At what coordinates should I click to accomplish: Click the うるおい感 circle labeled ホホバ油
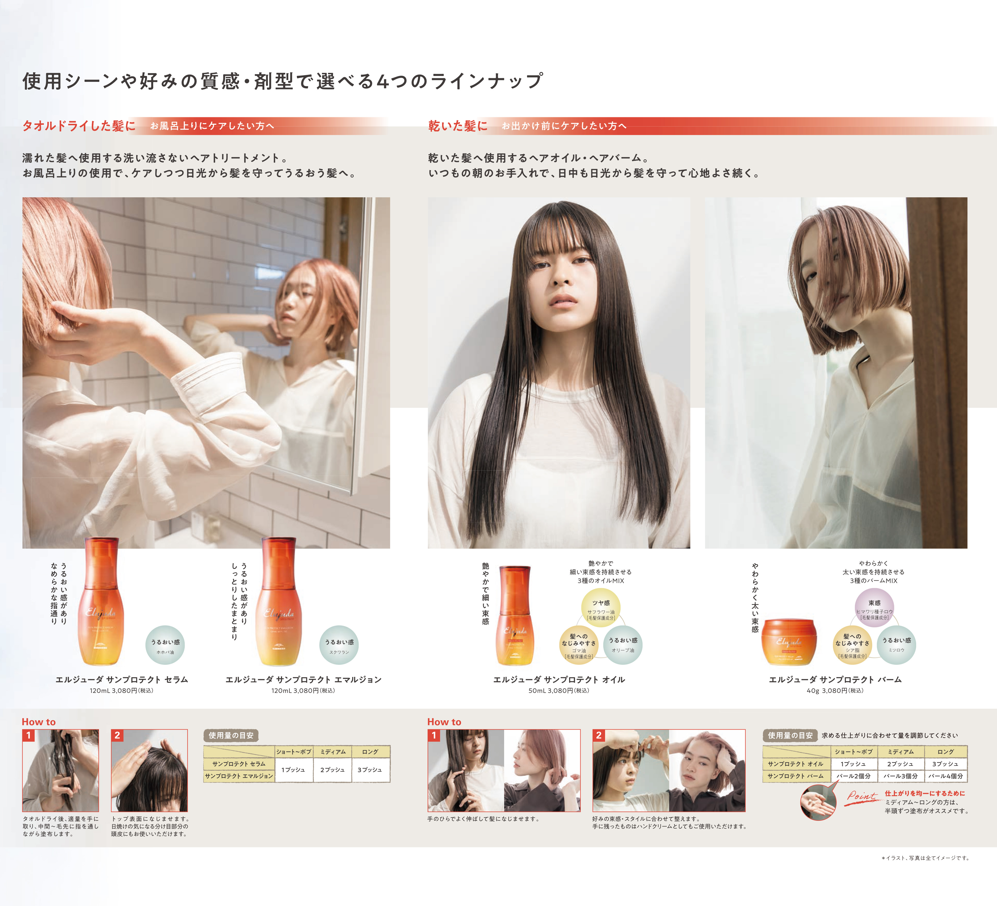tap(165, 645)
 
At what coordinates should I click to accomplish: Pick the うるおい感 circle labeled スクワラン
tap(339, 645)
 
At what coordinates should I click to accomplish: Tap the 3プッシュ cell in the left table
tap(369, 770)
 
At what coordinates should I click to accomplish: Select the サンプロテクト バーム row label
tap(795, 776)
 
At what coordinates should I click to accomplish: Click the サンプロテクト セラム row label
tap(239, 764)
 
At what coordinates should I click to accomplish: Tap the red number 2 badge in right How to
tap(599, 735)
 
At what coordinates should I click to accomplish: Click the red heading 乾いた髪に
tap(458, 126)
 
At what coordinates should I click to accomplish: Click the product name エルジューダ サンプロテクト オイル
tap(559, 679)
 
